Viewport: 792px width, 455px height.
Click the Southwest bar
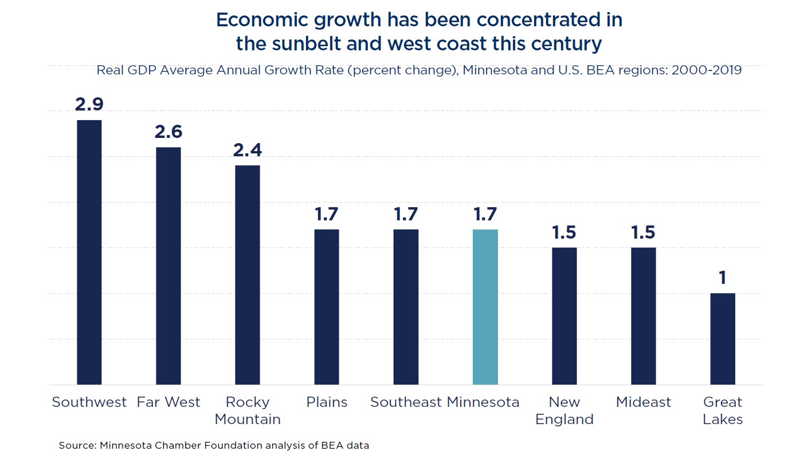click(89, 252)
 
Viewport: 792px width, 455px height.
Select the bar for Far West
click(168, 266)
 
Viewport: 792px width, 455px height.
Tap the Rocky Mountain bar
click(248, 275)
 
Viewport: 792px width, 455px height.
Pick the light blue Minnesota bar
click(485, 307)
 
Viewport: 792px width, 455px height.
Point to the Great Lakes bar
click(723, 339)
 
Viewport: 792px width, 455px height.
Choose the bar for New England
click(564, 316)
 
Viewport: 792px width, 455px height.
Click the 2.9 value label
click(89, 105)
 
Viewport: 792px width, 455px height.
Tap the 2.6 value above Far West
click(168, 132)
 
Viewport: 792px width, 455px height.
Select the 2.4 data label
click(248, 150)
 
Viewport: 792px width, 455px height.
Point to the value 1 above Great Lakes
click(723, 278)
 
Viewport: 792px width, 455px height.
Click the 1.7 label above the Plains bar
click(327, 214)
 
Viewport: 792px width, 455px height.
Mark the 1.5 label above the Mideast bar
click(644, 232)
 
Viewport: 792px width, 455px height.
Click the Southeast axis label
click(406, 402)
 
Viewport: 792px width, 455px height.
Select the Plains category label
click(327, 402)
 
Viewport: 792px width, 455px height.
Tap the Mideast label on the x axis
click(644, 402)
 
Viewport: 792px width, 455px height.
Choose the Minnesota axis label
click(483, 402)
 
